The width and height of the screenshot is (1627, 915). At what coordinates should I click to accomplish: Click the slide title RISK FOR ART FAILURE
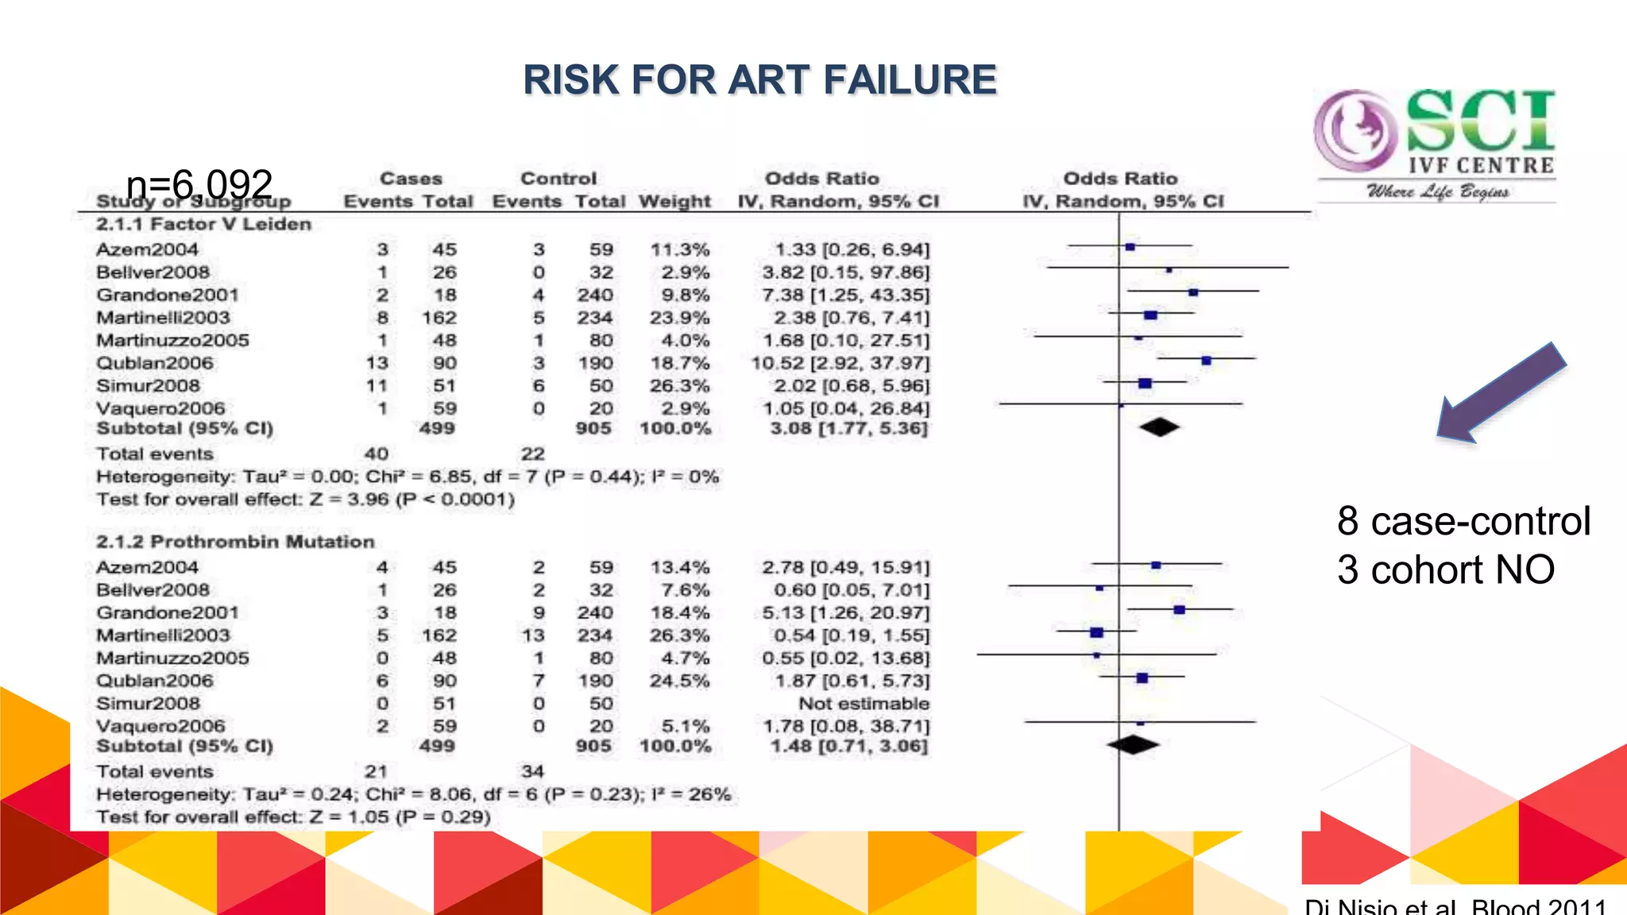[x=759, y=80]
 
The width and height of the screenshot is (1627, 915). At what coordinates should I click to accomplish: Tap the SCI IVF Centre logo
[x=1435, y=143]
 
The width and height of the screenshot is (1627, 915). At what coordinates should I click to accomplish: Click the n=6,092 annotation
[x=199, y=184]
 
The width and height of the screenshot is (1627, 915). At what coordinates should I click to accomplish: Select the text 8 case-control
[x=1463, y=521]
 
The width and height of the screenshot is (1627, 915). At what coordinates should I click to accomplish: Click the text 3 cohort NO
[x=1445, y=569]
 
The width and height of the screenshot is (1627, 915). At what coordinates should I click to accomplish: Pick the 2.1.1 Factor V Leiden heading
[x=203, y=224]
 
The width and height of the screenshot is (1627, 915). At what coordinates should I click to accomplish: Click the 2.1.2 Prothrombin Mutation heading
[x=235, y=542]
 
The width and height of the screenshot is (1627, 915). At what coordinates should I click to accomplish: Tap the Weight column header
[x=674, y=201]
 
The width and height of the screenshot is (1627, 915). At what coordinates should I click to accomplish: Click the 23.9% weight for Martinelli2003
[x=679, y=318]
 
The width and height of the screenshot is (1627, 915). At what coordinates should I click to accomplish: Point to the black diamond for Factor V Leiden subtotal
[x=1159, y=427]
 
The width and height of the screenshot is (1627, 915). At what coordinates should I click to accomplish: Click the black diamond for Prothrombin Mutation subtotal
[x=1133, y=745]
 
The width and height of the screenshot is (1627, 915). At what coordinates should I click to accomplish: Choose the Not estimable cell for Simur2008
[x=864, y=704]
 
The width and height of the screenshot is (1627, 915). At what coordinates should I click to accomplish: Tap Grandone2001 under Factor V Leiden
[x=168, y=295]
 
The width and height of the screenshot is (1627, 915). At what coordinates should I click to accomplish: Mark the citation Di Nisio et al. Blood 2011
[x=1455, y=905]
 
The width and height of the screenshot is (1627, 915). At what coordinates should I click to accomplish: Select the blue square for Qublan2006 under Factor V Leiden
[x=1206, y=361]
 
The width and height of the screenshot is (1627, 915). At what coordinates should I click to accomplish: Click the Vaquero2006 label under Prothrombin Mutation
[x=160, y=726]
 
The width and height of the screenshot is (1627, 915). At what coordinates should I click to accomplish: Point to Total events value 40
[x=377, y=454]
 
